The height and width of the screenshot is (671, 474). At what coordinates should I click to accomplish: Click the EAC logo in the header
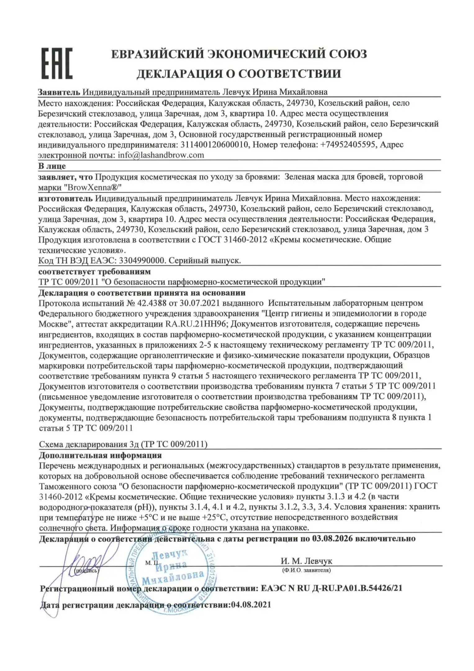pyautogui.click(x=57, y=63)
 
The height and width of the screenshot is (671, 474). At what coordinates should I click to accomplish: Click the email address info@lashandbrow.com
pyautogui.click(x=161, y=155)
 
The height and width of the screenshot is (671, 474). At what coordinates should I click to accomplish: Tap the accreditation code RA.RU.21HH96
pyautogui.click(x=197, y=324)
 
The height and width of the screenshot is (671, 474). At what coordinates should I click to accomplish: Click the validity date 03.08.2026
pyautogui.click(x=332, y=538)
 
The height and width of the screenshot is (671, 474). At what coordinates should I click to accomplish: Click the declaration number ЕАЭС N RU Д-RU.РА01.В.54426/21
pyautogui.click(x=331, y=588)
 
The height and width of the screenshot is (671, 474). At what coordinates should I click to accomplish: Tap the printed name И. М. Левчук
pyautogui.click(x=306, y=561)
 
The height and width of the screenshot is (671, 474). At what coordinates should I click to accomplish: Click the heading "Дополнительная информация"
pyautogui.click(x=100, y=455)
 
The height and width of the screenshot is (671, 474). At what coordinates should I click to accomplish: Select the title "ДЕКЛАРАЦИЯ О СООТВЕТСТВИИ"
pyautogui.click(x=239, y=74)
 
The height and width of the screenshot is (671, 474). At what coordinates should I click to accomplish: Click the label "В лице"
pyautogui.click(x=52, y=166)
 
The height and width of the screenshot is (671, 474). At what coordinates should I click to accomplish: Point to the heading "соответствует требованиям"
pyautogui.click(x=94, y=272)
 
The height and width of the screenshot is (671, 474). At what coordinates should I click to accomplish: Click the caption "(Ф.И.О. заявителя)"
pyautogui.click(x=306, y=570)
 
